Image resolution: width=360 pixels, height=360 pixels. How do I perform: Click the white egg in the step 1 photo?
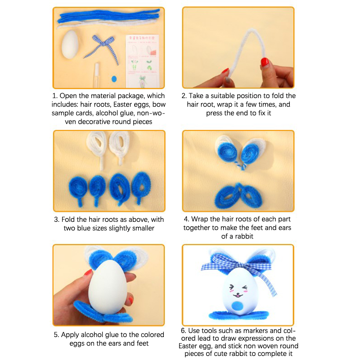pyautogui.click(x=70, y=45)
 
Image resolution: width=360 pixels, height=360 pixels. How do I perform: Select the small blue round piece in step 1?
pyautogui.click(x=114, y=79)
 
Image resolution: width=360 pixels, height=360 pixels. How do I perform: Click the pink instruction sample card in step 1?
pyautogui.click(x=142, y=61)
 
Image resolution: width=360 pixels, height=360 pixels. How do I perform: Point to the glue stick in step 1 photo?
pyautogui.click(x=96, y=75)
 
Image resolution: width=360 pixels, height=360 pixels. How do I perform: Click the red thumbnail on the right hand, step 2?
pyautogui.click(x=265, y=62)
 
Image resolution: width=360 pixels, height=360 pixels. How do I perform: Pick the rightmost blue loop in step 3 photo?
pyautogui.click(x=140, y=187)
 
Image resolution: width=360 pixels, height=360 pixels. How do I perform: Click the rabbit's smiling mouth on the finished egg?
pyautogui.click(x=238, y=295)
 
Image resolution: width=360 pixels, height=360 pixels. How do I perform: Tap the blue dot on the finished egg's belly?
pyautogui.click(x=238, y=306)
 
